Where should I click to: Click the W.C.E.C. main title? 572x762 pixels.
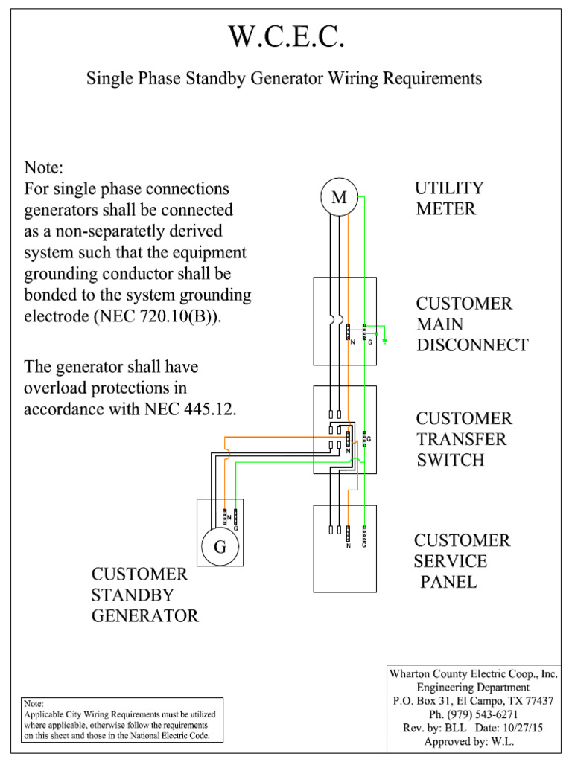coord(287,38)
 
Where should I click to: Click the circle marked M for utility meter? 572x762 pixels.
coord(339,198)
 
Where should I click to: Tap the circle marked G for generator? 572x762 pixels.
coord(220,548)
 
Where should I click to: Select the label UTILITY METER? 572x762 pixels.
coord(449,198)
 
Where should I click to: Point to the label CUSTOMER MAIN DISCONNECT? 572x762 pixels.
coord(471,324)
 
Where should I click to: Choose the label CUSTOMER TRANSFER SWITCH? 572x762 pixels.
coord(463,439)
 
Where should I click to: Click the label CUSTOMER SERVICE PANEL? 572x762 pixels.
coord(462,561)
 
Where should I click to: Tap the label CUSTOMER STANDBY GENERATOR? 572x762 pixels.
coord(144,595)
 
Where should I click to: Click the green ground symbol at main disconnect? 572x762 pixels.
coord(384,342)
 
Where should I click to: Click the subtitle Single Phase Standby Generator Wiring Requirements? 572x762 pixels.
coord(285,78)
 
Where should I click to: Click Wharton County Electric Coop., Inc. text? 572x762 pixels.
coord(474,673)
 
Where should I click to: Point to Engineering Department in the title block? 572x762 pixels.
coord(474,687)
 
